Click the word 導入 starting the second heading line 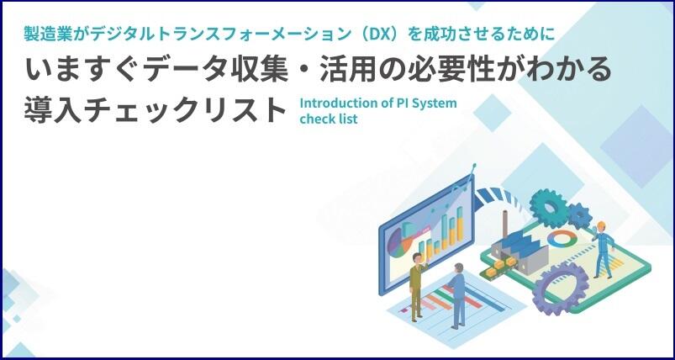click(x=52, y=110)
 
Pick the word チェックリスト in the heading click(x=184, y=110)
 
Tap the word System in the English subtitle click(x=435, y=103)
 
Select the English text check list click(x=329, y=119)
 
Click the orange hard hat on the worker click(x=601, y=225)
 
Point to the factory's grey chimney click(x=505, y=225)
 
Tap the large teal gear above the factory click(x=549, y=208)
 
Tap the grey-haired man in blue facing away click(x=457, y=296)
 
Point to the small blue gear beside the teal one click(x=578, y=215)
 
